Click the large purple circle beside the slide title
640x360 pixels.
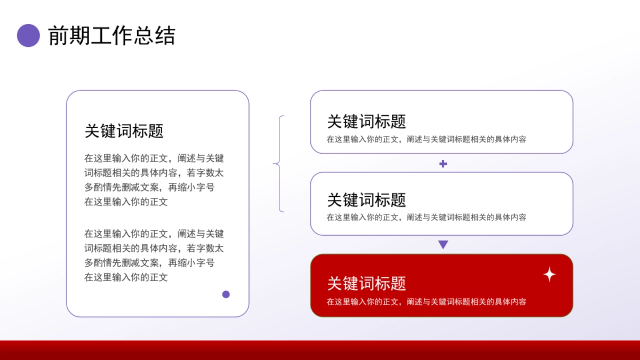[28, 36]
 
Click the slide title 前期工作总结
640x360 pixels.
[111, 36]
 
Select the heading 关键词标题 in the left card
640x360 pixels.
[124, 131]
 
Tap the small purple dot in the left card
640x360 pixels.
[226, 294]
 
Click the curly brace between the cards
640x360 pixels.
[279, 164]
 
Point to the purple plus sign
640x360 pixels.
[443, 164]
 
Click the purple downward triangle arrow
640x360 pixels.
[443, 245]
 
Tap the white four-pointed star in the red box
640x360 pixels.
[549, 274]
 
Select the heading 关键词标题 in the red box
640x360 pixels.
[366, 283]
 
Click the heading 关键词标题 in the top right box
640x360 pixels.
[366, 122]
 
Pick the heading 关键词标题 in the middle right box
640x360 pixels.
[366, 200]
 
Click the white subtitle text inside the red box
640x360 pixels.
[426, 302]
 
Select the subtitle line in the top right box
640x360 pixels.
[426, 140]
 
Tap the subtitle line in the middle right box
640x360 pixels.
[426, 218]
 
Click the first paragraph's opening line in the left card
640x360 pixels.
[154, 158]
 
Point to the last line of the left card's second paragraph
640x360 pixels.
[126, 277]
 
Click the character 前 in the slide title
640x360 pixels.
[58, 36]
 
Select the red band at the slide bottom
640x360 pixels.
[320, 350]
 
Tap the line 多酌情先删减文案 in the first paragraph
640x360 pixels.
[149, 188]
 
